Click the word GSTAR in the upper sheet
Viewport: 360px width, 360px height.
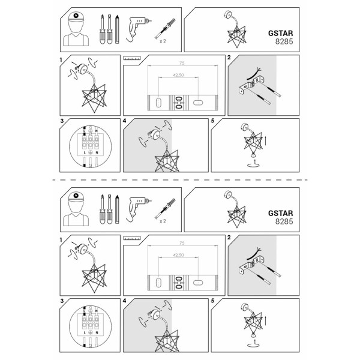[281, 33]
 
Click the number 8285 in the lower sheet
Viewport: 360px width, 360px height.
[284, 221]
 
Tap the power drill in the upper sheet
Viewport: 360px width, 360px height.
[137, 29]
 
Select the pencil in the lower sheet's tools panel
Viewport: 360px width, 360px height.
[117, 209]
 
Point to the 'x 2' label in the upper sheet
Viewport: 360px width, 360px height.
[163, 41]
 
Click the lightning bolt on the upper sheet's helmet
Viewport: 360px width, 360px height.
[76, 16]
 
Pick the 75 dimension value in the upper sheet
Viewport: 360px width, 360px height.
[182, 63]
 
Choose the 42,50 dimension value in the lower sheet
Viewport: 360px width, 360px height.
[178, 255]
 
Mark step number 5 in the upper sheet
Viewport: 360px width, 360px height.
[212, 121]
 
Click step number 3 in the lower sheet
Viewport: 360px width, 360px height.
[62, 301]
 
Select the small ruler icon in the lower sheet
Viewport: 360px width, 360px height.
[132, 238]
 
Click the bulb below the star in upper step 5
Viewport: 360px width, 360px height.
[253, 155]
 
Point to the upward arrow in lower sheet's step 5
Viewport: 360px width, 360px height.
[265, 320]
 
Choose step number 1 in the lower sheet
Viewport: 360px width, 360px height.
[61, 240]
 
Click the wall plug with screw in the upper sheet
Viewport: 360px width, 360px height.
[165, 28]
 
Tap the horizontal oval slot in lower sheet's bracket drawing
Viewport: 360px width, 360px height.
[197, 283]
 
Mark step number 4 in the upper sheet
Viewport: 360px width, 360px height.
[124, 121]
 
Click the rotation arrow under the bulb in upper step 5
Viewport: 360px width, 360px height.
[253, 164]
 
